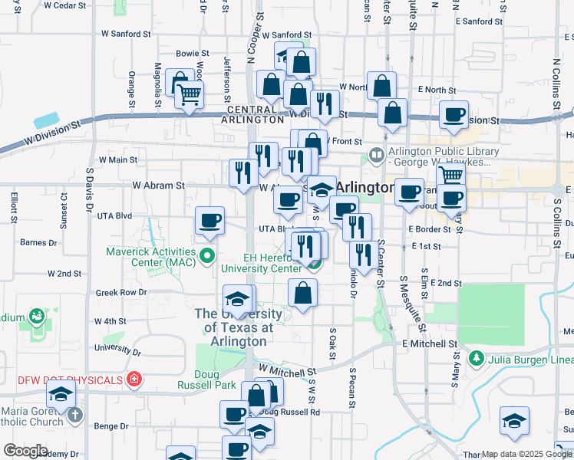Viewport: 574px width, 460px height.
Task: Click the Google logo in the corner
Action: pos(25,451)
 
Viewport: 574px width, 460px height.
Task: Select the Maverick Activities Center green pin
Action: pos(206,255)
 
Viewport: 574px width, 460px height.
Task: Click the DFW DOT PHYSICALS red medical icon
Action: pos(134,379)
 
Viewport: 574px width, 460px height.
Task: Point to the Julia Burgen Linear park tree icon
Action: pos(476,359)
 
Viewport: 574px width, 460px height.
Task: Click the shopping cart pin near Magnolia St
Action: pos(189,96)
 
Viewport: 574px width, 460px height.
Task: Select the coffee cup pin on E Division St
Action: pos(454,115)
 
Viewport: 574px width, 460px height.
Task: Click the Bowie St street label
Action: pos(193,54)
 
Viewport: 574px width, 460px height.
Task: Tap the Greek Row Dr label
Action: pos(121,293)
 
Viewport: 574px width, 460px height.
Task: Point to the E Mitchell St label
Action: pos(430,344)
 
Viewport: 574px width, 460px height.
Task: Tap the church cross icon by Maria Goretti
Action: pos(74,415)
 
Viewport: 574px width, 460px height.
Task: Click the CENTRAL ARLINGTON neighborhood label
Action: pos(252,114)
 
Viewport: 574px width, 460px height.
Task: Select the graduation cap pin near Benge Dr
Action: pos(59,396)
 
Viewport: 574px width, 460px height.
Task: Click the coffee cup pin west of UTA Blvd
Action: pos(210,221)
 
